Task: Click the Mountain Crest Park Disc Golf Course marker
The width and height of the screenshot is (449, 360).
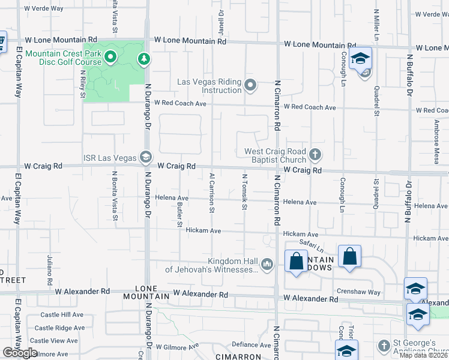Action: pyautogui.click(x=110, y=58)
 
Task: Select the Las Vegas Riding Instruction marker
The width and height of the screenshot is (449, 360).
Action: pyautogui.click(x=251, y=85)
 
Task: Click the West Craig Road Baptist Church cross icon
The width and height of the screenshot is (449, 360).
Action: pyautogui.click(x=315, y=155)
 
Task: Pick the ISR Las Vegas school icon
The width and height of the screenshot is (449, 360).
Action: pyautogui.click(x=145, y=157)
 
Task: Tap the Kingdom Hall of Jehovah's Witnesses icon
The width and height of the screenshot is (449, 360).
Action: pyautogui.click(x=267, y=264)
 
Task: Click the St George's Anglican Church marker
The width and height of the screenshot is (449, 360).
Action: pyautogui.click(x=385, y=346)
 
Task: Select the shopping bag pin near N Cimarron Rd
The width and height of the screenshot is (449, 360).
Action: pyautogui.click(x=296, y=262)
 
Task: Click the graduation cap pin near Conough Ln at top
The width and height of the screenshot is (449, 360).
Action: pyautogui.click(x=360, y=59)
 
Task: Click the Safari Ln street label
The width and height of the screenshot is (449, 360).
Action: pyautogui.click(x=312, y=245)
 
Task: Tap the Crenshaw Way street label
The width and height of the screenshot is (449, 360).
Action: pyautogui.click(x=358, y=292)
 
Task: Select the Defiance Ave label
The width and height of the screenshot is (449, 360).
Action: pyautogui.click(x=253, y=344)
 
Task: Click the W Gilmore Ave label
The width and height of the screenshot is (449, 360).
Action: pyautogui.click(x=177, y=347)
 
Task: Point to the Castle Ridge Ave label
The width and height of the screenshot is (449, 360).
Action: pyautogui.click(x=59, y=328)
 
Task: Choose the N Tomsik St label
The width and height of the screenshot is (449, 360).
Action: pyautogui.click(x=244, y=192)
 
